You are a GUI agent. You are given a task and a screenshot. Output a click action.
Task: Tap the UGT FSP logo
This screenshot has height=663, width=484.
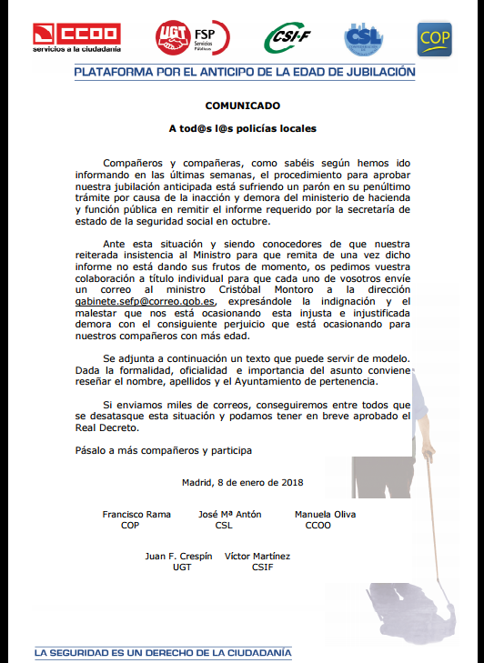pyautogui.click(x=192, y=37)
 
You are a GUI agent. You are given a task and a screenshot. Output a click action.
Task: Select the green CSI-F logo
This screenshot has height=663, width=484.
pyautogui.click(x=289, y=38)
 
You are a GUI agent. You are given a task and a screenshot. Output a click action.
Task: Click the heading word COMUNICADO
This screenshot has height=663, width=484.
pyautogui.click(x=242, y=105)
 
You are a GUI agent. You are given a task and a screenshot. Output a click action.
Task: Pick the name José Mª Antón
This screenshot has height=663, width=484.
pyautogui.click(x=229, y=514)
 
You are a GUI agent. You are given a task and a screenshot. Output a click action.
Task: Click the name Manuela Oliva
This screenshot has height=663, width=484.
pyautogui.click(x=325, y=514)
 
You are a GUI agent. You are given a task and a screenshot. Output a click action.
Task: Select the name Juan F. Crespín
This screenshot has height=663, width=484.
pyautogui.click(x=179, y=556)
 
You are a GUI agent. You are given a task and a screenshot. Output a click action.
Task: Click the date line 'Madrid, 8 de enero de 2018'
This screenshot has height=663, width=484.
pyautogui.click(x=242, y=482)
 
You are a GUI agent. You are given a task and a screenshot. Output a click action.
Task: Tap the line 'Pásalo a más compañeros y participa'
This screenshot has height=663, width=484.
pyautogui.click(x=163, y=450)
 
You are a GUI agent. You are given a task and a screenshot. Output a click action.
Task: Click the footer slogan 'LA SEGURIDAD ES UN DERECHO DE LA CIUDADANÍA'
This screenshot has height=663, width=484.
pyautogui.click(x=163, y=651)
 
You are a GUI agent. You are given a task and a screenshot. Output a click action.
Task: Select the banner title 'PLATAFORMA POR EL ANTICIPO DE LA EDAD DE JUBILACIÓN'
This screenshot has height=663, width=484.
pyautogui.click(x=245, y=72)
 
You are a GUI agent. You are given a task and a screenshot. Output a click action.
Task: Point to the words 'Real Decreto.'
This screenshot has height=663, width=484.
pyautogui.click(x=102, y=427)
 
